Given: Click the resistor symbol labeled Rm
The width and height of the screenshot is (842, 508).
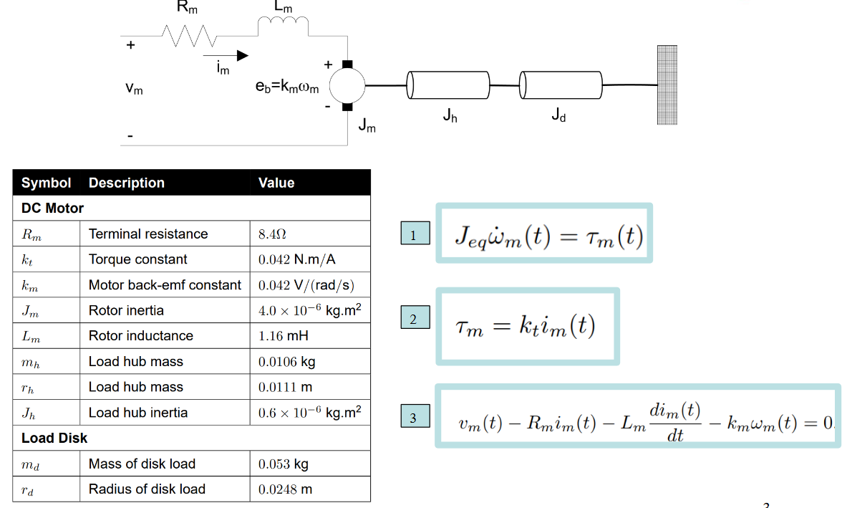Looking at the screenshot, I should pyautogui.click(x=188, y=34).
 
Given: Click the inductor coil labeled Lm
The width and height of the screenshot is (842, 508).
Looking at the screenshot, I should pyautogui.click(x=283, y=26).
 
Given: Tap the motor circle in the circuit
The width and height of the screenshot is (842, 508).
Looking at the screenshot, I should pyautogui.click(x=348, y=86).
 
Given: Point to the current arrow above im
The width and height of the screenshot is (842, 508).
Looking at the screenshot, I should pyautogui.click(x=226, y=55).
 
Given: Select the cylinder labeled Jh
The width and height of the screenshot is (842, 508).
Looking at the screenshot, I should pyautogui.click(x=448, y=85).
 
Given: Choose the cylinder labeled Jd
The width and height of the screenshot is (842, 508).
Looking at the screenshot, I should pyautogui.click(x=561, y=85).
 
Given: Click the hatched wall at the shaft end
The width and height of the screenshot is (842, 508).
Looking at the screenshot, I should pyautogui.click(x=667, y=85).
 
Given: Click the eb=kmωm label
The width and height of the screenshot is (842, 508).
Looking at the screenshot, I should pyautogui.click(x=287, y=87).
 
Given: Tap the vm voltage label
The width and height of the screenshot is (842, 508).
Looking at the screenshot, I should pyautogui.click(x=134, y=89).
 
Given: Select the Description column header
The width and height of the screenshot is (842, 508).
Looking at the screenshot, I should pyautogui.click(x=127, y=183).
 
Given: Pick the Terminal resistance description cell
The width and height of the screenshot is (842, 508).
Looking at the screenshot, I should pyautogui.click(x=148, y=234).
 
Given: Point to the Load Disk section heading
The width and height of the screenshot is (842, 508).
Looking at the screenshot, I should pyautogui.click(x=54, y=438).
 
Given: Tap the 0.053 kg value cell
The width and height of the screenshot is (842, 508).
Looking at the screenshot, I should pyautogui.click(x=284, y=464).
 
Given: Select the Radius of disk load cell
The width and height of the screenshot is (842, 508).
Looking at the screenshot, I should pyautogui.click(x=147, y=489).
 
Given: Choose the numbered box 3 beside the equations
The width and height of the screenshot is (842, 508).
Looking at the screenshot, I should pyautogui.click(x=415, y=417).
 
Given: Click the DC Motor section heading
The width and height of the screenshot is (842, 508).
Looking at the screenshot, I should pyautogui.click(x=53, y=209).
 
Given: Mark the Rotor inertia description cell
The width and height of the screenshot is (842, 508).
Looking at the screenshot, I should pyautogui.click(x=126, y=311).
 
